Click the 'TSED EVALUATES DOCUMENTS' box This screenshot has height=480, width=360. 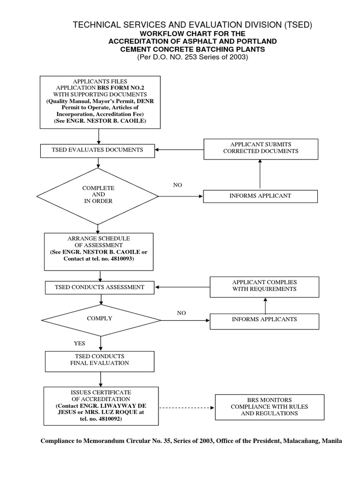[x=98, y=150]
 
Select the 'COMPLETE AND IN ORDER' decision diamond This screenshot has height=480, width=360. [x=98, y=195]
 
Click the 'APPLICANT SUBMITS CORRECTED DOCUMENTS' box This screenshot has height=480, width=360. [x=261, y=148]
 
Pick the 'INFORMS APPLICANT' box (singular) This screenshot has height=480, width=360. [x=260, y=196]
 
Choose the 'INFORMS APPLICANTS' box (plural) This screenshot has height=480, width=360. [x=264, y=320]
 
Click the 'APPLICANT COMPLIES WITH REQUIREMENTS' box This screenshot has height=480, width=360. [x=264, y=286]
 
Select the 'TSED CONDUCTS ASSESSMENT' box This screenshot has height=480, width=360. [x=99, y=287]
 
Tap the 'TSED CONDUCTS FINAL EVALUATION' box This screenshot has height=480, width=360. [x=99, y=360]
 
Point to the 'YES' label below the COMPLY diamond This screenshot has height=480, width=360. [x=80, y=344]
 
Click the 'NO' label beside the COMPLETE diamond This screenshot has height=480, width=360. [x=178, y=185]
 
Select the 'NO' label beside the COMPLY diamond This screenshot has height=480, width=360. [x=181, y=313]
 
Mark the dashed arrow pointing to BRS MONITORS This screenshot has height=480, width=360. [x=187, y=407]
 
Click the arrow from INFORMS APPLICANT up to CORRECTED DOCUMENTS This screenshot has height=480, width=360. [x=260, y=174]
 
